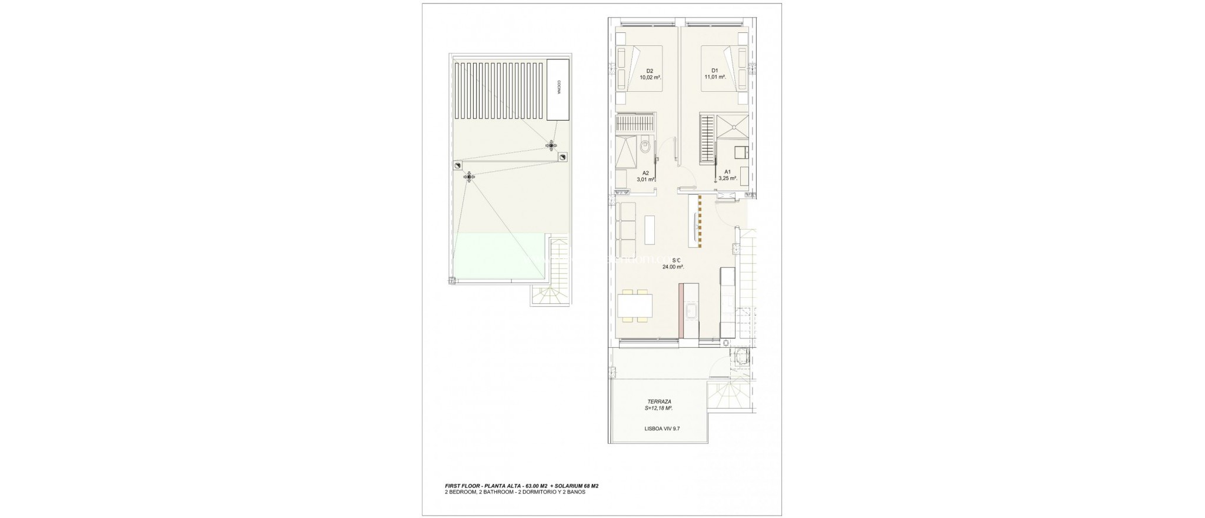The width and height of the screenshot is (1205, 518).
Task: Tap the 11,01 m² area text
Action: [715, 77]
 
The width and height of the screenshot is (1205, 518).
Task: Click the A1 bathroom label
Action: [727, 172]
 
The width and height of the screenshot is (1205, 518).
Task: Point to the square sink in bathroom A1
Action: [739, 152]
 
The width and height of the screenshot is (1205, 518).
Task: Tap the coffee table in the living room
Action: [650, 230]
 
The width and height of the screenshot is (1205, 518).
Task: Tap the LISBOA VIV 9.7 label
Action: [661, 429]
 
